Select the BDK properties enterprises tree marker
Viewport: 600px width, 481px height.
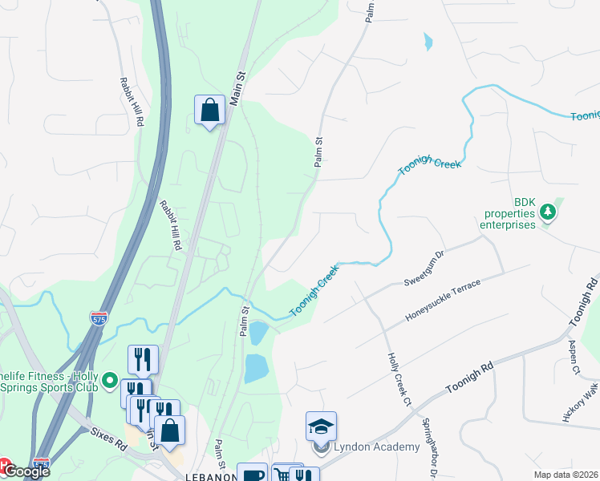tap(549, 212)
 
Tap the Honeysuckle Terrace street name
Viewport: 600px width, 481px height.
tap(442, 301)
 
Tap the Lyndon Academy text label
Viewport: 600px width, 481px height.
tap(376, 447)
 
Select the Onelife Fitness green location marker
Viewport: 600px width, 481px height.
tap(110, 378)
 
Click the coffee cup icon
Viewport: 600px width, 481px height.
tap(252, 475)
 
